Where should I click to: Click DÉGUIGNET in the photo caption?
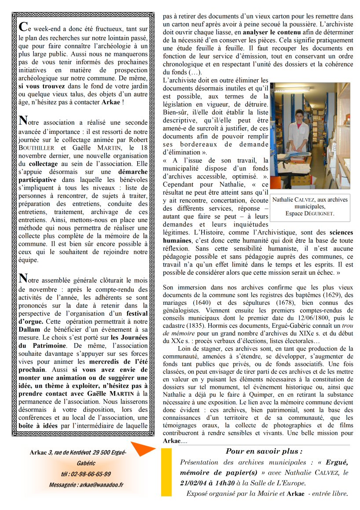317,214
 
